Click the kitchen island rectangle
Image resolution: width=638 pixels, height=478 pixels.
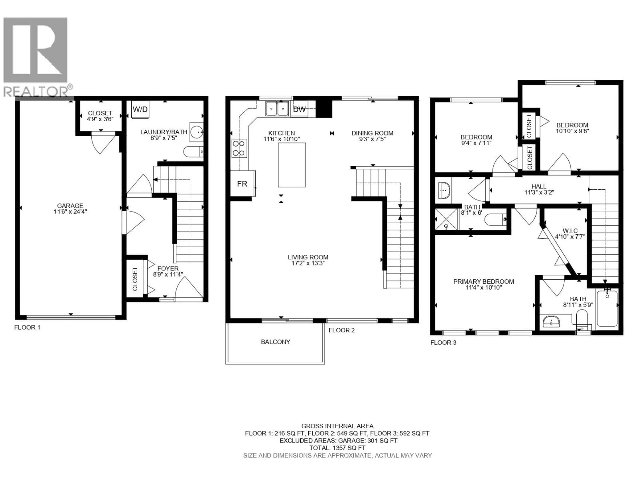click(292, 165)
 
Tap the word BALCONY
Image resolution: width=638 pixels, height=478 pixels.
click(275, 342)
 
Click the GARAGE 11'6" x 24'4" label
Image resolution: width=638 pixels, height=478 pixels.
click(70, 208)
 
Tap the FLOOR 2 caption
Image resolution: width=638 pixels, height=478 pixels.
click(341, 330)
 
